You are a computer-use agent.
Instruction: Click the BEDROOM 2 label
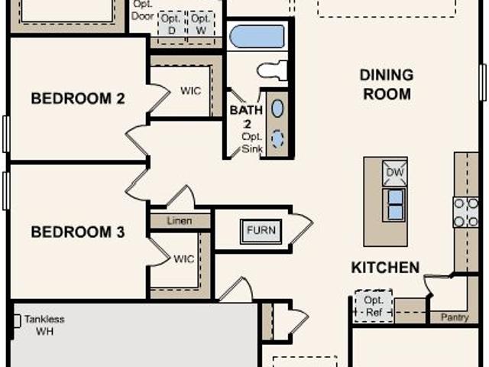(x=78, y=99)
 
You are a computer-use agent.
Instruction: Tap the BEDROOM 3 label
(x=78, y=232)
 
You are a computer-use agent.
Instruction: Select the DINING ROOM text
(x=387, y=85)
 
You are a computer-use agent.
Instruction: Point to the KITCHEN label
(x=385, y=268)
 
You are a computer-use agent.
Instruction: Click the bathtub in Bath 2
(x=257, y=37)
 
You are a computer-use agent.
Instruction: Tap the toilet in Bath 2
(x=272, y=70)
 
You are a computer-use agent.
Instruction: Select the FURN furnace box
(x=261, y=231)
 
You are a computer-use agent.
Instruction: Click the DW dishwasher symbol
(x=395, y=173)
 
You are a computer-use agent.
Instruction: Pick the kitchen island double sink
(x=394, y=204)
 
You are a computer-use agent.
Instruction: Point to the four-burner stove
(x=466, y=213)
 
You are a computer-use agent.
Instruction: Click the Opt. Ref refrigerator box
(x=374, y=306)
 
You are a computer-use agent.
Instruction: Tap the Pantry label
(x=455, y=317)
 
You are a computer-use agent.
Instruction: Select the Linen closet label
(x=180, y=221)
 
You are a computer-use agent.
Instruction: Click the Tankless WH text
(x=44, y=325)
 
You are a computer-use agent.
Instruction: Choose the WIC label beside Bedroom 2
(x=190, y=91)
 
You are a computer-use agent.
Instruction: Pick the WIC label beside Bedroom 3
(x=183, y=258)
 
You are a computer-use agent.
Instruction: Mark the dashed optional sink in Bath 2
(x=277, y=138)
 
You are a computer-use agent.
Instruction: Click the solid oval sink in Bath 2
(x=277, y=109)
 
